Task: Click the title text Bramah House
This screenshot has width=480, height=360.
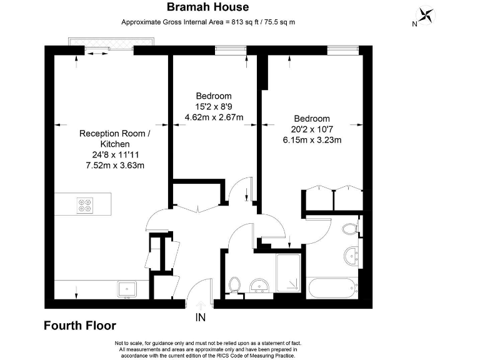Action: (x=208, y=7)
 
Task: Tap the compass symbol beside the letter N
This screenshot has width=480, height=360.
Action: (x=427, y=14)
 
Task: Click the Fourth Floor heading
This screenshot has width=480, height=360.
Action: (x=79, y=326)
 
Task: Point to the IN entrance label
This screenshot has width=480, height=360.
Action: (x=200, y=317)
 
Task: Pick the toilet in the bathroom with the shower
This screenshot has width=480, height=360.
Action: (x=235, y=286)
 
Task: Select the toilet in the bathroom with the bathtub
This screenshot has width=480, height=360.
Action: (x=350, y=229)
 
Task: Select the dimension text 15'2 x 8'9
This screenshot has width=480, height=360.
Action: (x=213, y=106)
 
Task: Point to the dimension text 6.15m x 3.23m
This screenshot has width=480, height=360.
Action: (x=312, y=140)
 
